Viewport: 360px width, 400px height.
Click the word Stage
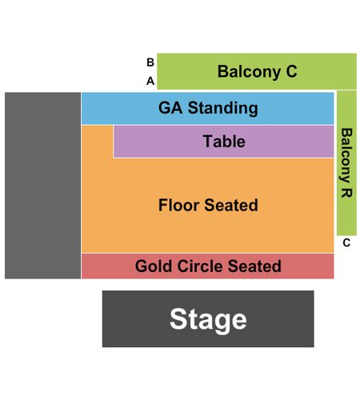point(208,320)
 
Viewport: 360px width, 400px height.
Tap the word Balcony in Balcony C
point(249,72)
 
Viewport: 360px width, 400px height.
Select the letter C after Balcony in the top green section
point(292,71)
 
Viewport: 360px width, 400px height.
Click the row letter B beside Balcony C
point(150,62)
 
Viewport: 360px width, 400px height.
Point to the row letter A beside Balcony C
point(150,81)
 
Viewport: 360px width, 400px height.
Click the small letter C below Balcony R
point(346,243)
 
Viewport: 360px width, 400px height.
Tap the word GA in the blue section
point(170,108)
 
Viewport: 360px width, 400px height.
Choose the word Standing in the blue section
point(223,109)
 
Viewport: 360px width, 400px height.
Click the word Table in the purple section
point(224,141)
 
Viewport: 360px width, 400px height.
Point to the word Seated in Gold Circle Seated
point(254,266)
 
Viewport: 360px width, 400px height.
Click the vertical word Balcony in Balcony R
point(346,155)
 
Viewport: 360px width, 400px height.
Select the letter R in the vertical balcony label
point(346,193)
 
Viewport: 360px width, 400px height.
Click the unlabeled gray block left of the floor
point(42,186)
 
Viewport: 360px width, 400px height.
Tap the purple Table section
point(223,142)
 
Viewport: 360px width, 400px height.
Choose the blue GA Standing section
point(207,108)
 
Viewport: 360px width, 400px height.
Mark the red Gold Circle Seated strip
point(207,266)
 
